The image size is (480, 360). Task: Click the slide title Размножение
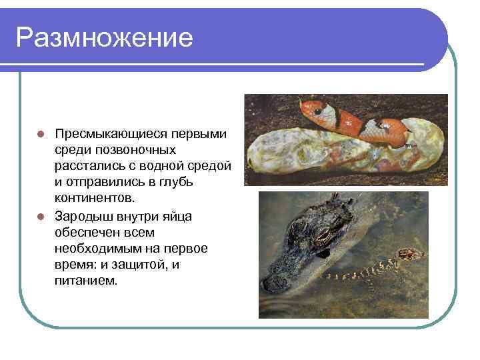(x=105, y=37)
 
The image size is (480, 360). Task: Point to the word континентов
(x=95, y=198)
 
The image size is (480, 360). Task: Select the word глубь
(x=175, y=182)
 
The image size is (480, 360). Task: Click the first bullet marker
(x=41, y=135)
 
